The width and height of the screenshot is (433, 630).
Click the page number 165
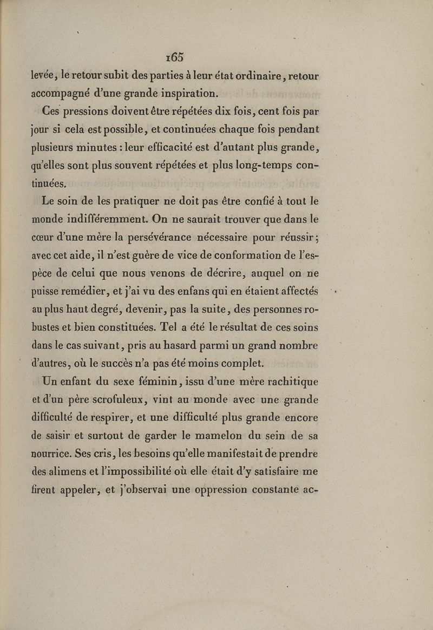point(176,57)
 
